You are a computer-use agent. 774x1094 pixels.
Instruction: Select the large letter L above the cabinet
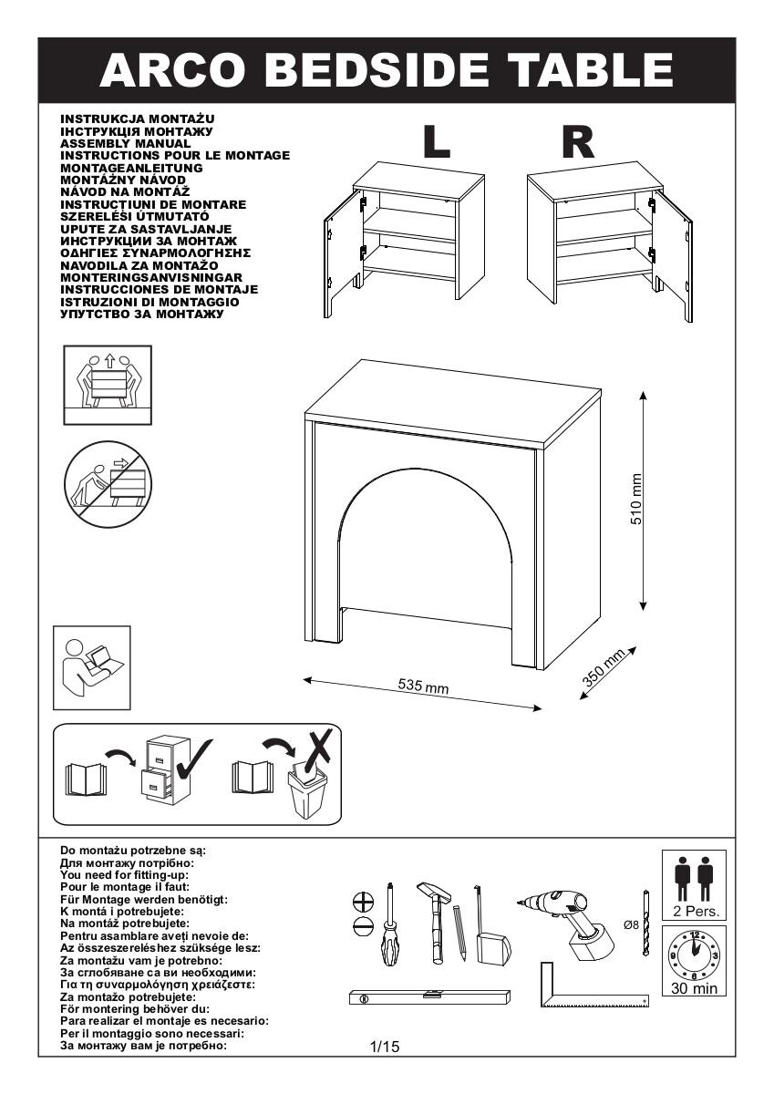coord(437,141)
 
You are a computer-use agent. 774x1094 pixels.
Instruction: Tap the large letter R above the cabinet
coord(578,141)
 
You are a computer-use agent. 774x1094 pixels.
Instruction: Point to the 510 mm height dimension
coord(637,499)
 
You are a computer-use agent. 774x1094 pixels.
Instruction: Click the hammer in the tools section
coord(434,921)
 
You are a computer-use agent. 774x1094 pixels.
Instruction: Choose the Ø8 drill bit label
coord(630,924)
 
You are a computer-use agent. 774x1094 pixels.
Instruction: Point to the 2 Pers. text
coord(694,911)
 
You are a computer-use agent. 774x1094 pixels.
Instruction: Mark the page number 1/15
coord(386,1047)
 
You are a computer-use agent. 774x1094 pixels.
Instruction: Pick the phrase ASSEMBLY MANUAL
coord(125,143)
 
